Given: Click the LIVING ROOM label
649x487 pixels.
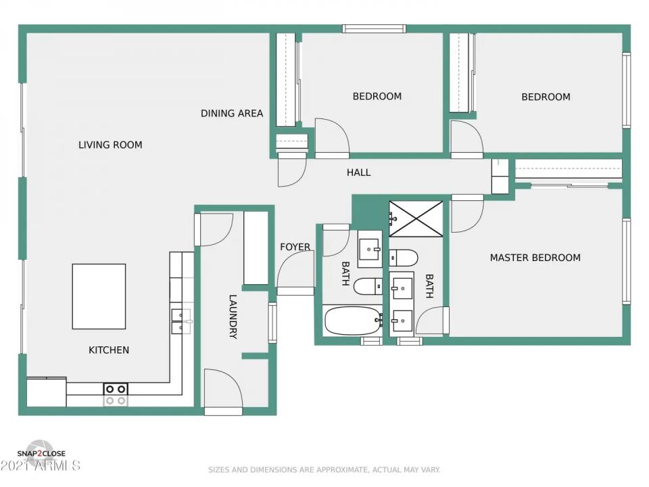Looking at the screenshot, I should [x=110, y=145].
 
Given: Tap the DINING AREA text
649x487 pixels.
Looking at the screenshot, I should [x=232, y=114].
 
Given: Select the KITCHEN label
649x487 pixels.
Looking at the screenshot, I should [x=109, y=350].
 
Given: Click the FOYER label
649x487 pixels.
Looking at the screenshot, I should [x=295, y=247].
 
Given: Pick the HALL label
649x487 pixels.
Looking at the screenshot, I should [x=358, y=172].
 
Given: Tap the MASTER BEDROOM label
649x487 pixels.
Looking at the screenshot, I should [x=535, y=258].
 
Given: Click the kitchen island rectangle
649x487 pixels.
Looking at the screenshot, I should [x=99, y=296].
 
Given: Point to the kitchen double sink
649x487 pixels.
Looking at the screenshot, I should [x=181, y=321].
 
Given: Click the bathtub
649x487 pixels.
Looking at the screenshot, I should [x=352, y=321].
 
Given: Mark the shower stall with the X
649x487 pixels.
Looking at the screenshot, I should [x=416, y=218].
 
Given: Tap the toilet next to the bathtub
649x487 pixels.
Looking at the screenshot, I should [x=368, y=287].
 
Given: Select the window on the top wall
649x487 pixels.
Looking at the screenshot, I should [x=374, y=28].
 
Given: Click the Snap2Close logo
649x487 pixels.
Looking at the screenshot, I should [x=41, y=453].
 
